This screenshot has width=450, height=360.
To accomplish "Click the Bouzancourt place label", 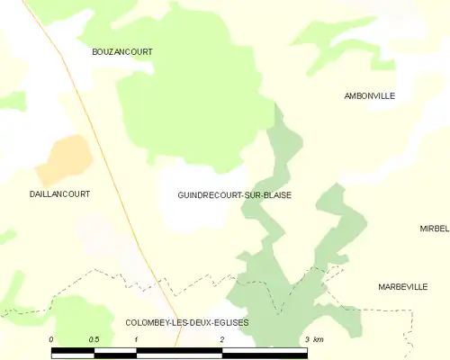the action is click(122, 52).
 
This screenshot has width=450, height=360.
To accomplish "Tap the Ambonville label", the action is click(370, 95).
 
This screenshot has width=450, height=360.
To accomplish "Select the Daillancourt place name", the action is click(59, 193).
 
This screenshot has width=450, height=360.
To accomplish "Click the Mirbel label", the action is click(434, 229).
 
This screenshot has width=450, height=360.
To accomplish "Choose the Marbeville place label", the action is click(402, 286).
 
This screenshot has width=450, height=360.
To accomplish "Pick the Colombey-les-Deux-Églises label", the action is click(187, 322).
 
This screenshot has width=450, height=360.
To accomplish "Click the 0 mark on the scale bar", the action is click(51, 339).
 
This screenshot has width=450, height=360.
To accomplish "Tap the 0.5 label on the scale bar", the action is click(94, 339).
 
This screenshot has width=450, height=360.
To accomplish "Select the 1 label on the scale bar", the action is click(136, 339).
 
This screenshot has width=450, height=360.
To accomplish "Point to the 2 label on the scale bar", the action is click(221, 339).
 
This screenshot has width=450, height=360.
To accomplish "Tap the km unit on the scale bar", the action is click(319, 339).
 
